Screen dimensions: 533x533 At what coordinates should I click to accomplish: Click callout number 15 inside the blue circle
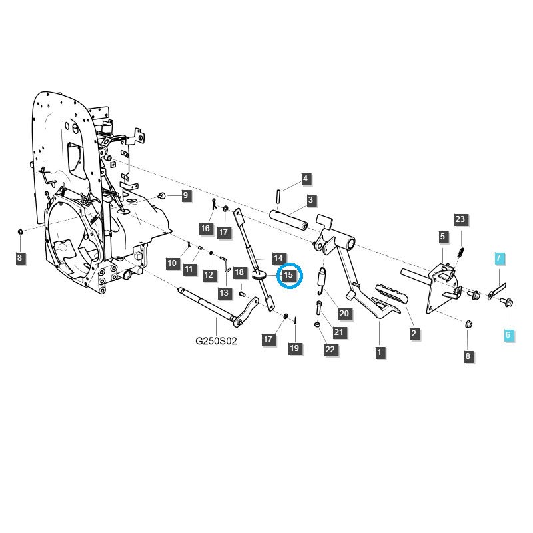pos(289,274)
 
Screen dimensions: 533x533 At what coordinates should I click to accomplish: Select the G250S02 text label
pos(216,340)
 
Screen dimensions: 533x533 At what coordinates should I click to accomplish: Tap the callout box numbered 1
pos(380,352)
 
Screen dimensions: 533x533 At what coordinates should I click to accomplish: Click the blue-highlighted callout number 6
pos(508,335)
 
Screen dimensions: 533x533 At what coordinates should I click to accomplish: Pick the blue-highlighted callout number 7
pos(499,257)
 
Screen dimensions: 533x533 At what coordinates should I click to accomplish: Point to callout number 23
pos(460,219)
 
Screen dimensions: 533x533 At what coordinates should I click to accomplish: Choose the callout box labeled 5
pos(443,236)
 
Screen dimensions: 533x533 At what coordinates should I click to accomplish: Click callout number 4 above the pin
pos(305,179)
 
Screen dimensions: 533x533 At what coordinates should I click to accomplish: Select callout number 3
pos(310,199)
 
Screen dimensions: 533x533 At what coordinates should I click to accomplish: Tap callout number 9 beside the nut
pos(186,195)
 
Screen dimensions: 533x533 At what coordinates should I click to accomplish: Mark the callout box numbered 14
pos(278,257)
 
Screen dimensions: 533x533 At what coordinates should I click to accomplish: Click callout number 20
pos(344,314)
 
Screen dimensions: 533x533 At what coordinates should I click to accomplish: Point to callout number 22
pos(330,349)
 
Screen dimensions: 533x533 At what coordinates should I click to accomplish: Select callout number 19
pos(293,348)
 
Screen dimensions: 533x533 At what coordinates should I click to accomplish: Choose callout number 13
pos(224,292)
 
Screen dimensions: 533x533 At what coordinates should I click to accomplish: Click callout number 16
pos(205,229)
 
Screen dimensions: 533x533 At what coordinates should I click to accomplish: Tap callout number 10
pos(173,263)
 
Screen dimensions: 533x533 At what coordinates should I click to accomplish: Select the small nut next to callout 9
pos(161,196)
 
